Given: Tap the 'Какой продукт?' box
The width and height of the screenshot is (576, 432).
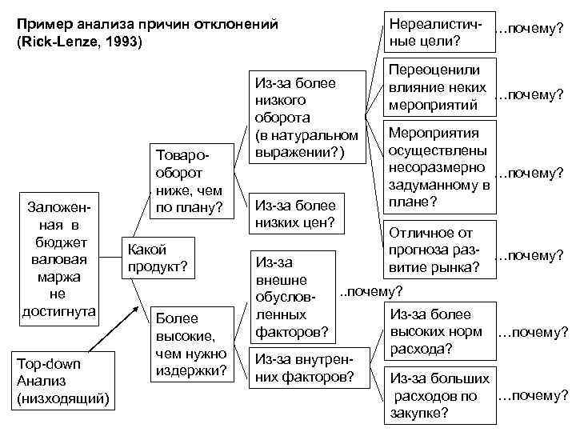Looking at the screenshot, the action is (156, 257).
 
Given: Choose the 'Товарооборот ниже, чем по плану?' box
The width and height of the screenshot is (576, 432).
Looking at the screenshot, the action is (190, 181).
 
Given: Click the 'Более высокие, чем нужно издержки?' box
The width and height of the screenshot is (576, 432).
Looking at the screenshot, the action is (190, 344).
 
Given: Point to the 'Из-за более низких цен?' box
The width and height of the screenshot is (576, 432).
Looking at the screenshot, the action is (295, 214).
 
